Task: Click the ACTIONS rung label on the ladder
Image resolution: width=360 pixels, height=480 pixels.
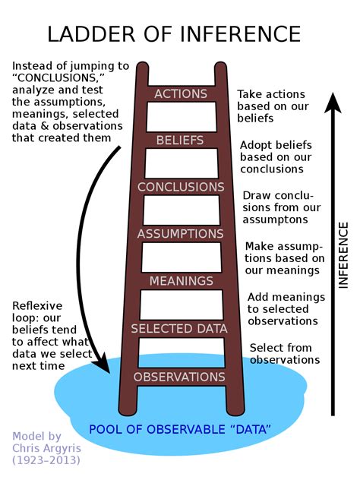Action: (180, 93)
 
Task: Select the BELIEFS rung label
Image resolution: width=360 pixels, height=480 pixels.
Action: (180, 141)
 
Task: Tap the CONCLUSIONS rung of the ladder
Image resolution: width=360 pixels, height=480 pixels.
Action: (180, 187)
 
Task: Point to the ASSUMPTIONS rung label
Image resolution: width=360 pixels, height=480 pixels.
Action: (180, 234)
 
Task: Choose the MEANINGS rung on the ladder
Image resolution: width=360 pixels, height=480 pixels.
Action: (180, 281)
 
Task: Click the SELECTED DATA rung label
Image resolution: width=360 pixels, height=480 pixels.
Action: (180, 329)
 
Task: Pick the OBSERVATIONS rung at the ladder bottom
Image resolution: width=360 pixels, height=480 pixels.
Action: (180, 377)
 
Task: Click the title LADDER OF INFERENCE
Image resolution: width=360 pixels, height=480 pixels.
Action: (174, 34)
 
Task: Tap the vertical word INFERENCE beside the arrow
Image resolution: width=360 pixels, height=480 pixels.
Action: (343, 255)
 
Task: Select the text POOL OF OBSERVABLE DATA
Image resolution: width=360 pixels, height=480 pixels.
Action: (180, 430)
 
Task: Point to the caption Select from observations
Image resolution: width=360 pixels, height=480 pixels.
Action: (283, 353)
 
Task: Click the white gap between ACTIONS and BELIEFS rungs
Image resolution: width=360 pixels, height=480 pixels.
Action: (180, 117)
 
